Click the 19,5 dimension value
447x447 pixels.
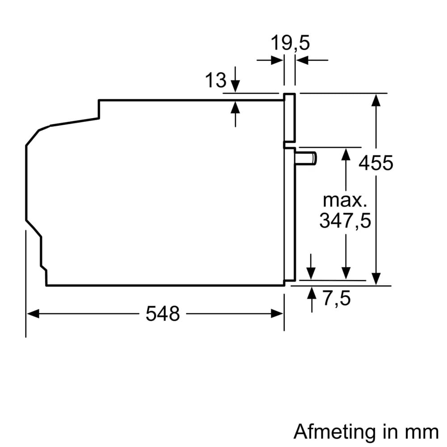(290, 44)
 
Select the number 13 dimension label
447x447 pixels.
(215, 80)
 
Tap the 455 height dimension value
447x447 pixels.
(376, 163)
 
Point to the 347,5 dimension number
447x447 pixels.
(345, 220)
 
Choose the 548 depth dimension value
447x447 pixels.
(163, 314)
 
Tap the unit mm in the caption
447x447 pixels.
(422, 432)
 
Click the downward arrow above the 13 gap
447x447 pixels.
(235, 86)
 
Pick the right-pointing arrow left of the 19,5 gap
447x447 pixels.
(277, 60)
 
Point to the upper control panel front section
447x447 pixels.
(290, 118)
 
